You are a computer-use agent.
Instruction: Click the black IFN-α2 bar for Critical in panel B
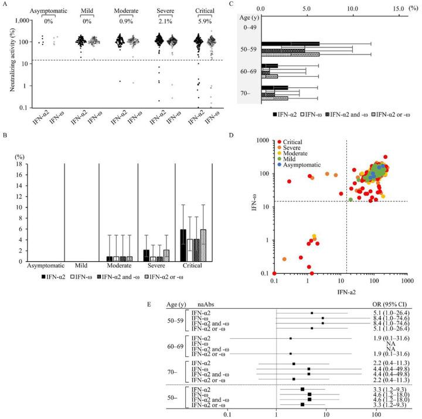click(183, 244)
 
